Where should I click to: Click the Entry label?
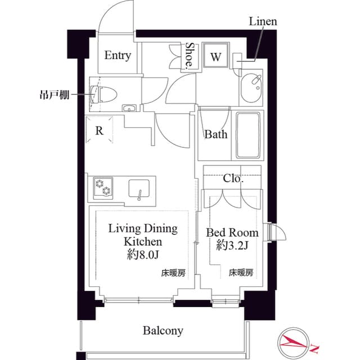point(118,55)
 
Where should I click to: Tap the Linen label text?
point(263,22)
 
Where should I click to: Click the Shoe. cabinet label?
point(190,56)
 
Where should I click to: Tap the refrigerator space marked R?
point(99,131)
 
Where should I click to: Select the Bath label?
point(216,134)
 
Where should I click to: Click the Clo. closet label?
point(232,179)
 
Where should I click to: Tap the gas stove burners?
point(102,187)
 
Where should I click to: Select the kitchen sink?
point(138,188)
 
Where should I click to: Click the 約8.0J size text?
point(142,254)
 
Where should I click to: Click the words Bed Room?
point(232,232)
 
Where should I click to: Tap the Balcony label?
point(163,330)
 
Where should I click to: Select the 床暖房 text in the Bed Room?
point(241,273)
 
